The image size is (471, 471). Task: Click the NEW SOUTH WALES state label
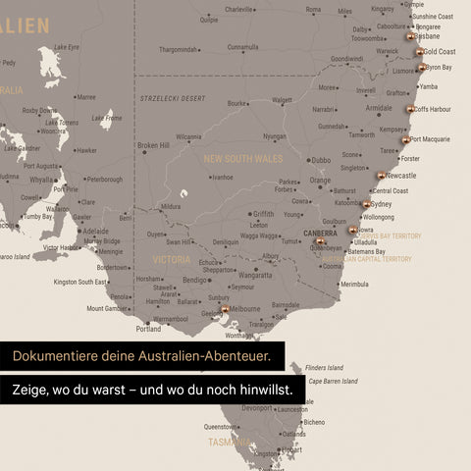pos(242,158)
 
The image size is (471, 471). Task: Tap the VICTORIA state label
pos(172,259)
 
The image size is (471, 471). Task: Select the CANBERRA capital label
pos(319,234)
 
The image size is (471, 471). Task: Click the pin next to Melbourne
pos(225,309)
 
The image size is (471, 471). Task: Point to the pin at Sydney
pos(366,204)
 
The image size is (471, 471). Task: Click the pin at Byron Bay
pos(421,68)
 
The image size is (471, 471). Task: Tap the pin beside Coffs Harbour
pos(410,109)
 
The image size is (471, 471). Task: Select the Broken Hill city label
pos(153,145)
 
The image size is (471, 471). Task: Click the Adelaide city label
pos(95,232)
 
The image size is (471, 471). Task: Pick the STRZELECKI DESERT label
pos(173,98)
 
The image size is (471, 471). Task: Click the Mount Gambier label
pos(106,308)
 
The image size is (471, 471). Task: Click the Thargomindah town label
pos(179,49)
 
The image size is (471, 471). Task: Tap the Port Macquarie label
pos(431,139)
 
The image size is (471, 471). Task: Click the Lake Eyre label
pos(67,46)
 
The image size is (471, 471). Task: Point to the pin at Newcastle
pos(381,177)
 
